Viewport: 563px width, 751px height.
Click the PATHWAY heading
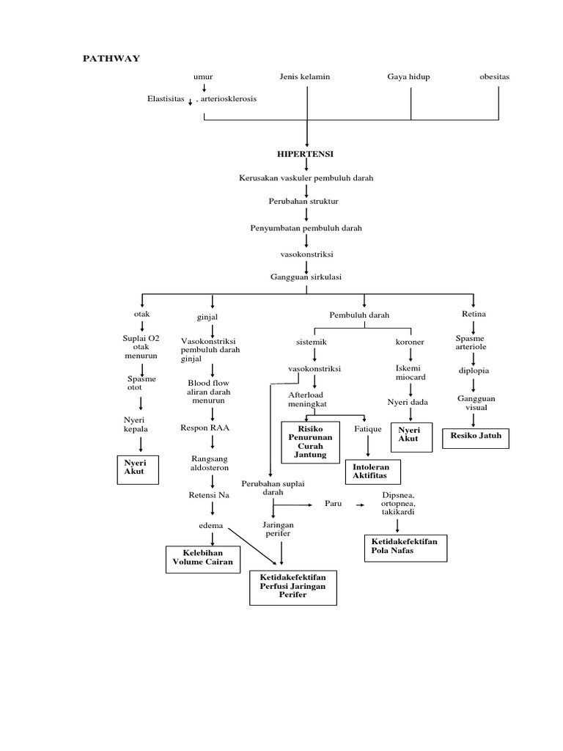coord(110,59)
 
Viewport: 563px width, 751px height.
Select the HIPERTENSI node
coord(306,155)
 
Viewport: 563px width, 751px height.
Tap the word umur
coord(203,76)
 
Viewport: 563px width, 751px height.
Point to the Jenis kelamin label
coord(305,76)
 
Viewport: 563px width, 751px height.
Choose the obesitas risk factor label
coord(494,76)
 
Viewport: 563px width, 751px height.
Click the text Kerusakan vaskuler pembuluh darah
coord(306,178)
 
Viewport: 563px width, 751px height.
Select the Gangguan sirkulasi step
coord(306,276)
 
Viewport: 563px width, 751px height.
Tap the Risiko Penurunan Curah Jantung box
coord(311,441)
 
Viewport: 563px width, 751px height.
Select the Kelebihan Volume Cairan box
coord(202,557)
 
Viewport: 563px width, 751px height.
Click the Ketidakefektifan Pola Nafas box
coord(405,546)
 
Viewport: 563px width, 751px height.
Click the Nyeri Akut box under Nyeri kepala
coord(139,467)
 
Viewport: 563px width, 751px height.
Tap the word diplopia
coord(474,370)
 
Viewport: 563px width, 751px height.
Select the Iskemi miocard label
coord(411,372)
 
